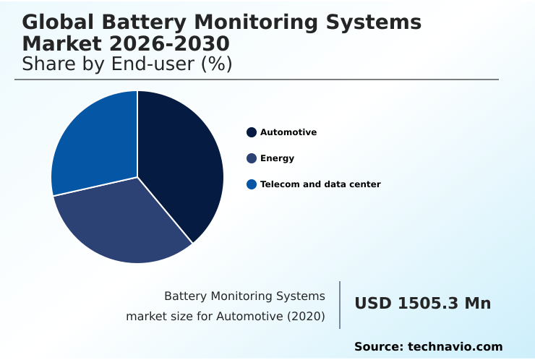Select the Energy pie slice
point(123,220)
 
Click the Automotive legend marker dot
point(252,132)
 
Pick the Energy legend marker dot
point(252,158)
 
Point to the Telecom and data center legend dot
point(252,184)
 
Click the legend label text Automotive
point(288,132)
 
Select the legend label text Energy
point(277,158)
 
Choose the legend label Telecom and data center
point(320,184)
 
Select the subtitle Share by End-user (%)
point(127,64)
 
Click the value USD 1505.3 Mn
point(422,304)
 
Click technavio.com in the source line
point(455,347)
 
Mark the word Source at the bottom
point(378,347)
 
